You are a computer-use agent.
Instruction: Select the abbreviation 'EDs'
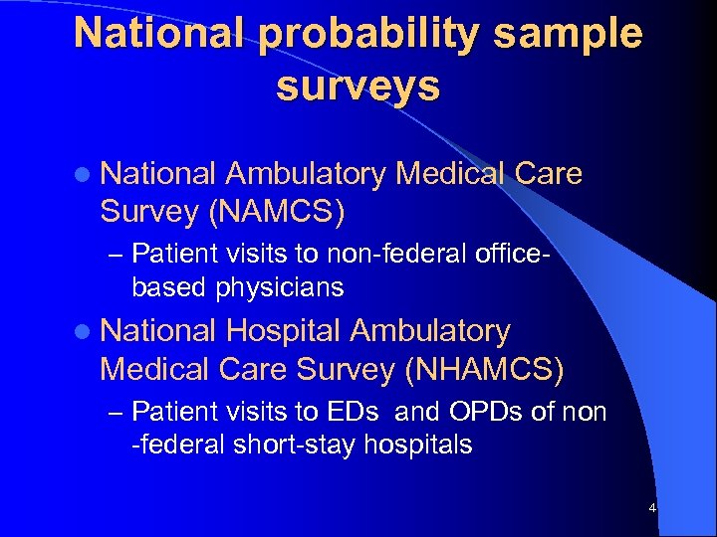point(373,412)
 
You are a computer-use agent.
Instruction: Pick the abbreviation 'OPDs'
point(487,412)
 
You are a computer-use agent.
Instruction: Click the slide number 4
point(652,509)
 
